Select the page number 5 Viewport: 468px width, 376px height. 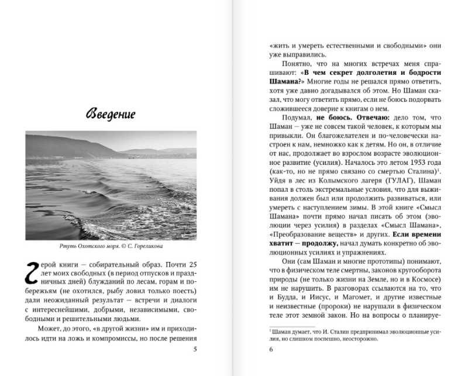pos(194,350)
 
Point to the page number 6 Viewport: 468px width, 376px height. pos(271,350)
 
